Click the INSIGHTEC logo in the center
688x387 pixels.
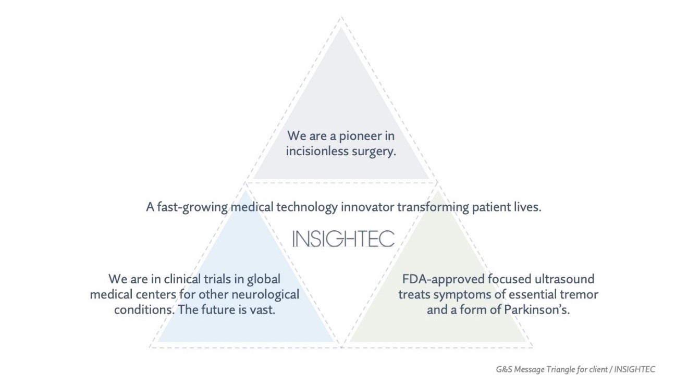[x=343, y=239]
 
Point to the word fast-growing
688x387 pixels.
[x=192, y=207]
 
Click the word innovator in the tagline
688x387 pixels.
[x=367, y=207]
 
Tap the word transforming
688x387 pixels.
[x=433, y=207]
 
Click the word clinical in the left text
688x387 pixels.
[x=182, y=279]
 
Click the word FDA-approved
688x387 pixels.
[x=443, y=280]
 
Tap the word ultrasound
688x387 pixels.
[x=564, y=279]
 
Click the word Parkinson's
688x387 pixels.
[x=537, y=310]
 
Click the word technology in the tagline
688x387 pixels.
[x=307, y=207]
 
